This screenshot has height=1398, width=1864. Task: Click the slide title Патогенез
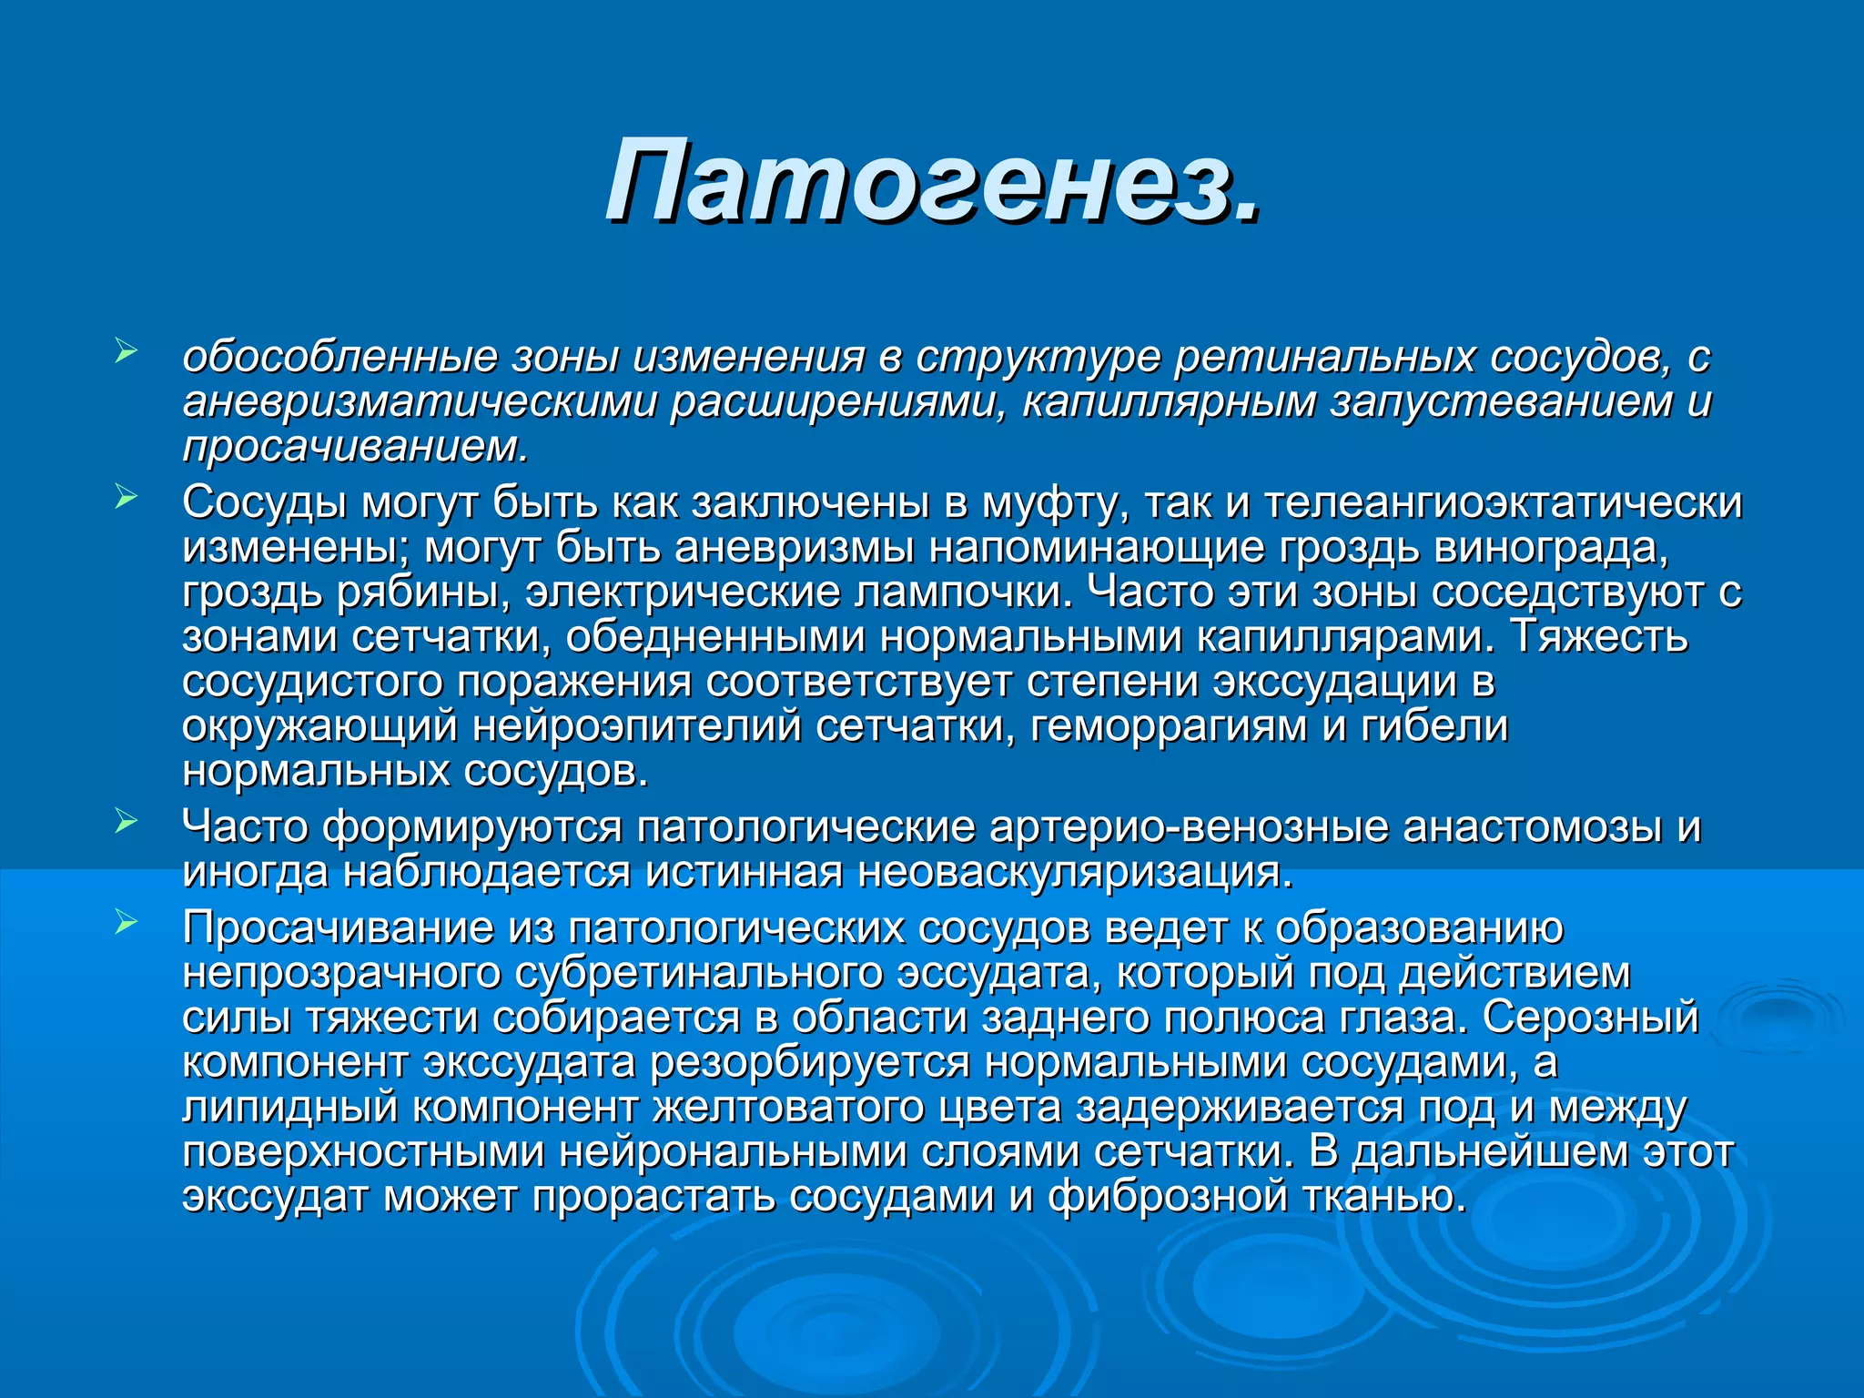point(933,180)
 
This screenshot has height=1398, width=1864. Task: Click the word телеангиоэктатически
point(1503,503)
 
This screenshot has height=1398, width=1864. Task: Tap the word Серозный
point(1590,1018)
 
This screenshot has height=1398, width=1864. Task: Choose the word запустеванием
point(1500,402)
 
